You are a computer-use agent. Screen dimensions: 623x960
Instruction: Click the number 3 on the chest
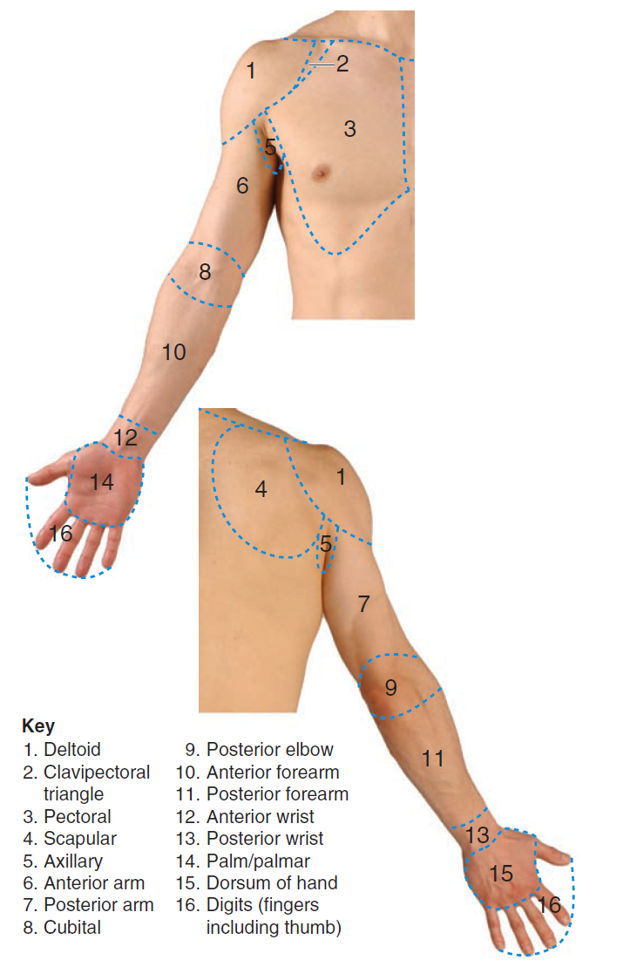tap(349, 129)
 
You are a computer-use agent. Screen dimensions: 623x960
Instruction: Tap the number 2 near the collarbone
tap(342, 64)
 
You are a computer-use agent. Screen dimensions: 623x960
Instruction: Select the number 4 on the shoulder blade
tap(261, 489)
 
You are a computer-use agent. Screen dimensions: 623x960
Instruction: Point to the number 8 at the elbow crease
tap(205, 272)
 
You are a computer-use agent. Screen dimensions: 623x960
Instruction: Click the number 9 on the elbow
tap(390, 688)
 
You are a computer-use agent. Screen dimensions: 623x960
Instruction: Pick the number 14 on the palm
tap(102, 481)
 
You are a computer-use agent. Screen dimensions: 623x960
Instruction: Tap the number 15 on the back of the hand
tap(501, 873)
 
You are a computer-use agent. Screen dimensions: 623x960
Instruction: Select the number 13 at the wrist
tap(477, 835)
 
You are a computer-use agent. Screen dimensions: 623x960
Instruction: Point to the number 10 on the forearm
tap(173, 352)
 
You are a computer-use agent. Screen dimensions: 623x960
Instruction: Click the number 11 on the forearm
tap(433, 759)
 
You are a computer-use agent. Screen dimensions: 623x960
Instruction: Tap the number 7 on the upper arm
tap(364, 603)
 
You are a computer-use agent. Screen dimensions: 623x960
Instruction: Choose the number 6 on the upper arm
tap(242, 186)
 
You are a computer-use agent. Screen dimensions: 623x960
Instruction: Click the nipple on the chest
tap(322, 171)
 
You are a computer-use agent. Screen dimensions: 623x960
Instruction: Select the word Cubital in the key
tap(72, 928)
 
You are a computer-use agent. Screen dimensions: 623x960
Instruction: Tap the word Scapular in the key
tap(80, 839)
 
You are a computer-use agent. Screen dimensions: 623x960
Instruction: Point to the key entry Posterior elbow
tap(269, 750)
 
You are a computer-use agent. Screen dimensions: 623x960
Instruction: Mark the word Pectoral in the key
tap(78, 817)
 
